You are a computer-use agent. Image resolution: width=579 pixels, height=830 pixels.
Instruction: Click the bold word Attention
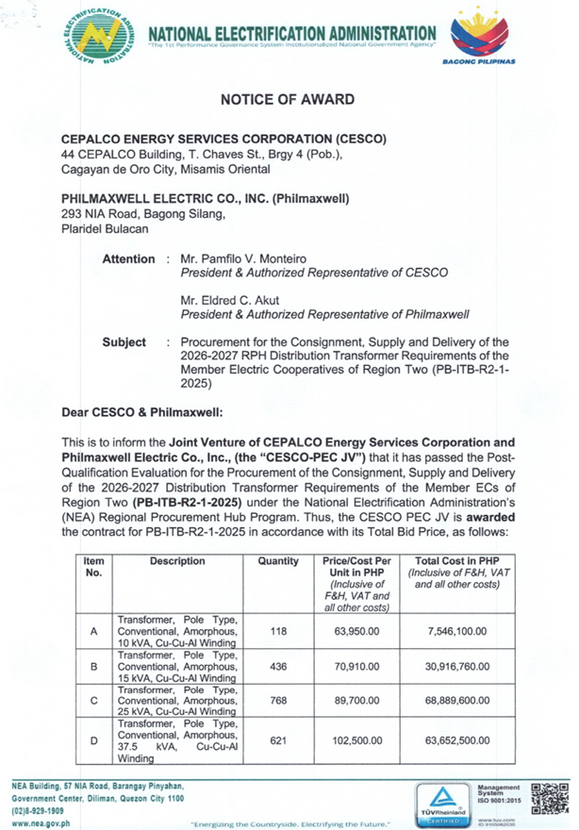[128, 259]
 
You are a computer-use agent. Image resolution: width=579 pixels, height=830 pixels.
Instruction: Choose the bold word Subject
[124, 342]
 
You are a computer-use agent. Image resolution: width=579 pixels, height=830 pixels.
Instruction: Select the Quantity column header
[278, 561]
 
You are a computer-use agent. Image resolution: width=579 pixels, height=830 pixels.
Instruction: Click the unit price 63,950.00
[356, 631]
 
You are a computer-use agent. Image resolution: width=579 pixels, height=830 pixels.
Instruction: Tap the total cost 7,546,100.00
[461, 631]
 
